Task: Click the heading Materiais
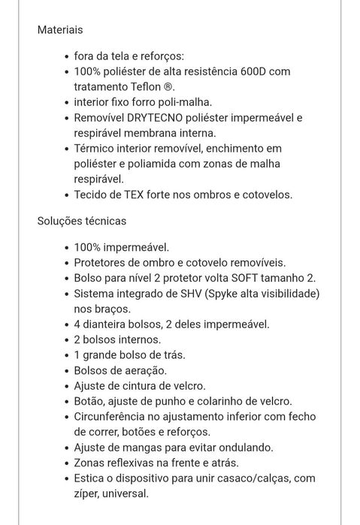pyautogui.click(x=60, y=31)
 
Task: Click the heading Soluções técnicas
pyautogui.click(x=82, y=222)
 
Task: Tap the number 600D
pyautogui.click(x=269, y=71)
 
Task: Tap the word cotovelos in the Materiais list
pyautogui.click(x=265, y=195)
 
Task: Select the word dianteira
pyautogui.click(x=113, y=324)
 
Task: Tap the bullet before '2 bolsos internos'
pyautogui.click(x=65, y=339)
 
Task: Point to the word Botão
pyautogui.click(x=92, y=402)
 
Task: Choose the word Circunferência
pyautogui.click(x=115, y=417)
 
